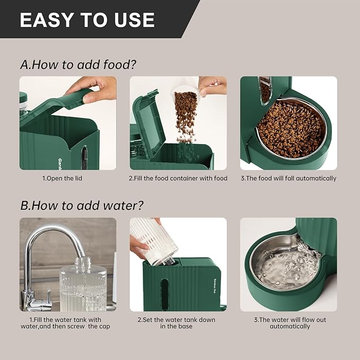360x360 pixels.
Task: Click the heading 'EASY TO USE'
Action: pyautogui.click(x=87, y=20)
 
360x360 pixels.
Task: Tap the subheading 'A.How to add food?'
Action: pyautogui.click(x=78, y=65)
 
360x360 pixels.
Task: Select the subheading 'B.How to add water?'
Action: pyautogui.click(x=82, y=205)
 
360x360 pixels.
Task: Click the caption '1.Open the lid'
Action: pyautogui.click(x=63, y=179)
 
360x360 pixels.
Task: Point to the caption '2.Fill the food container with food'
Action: pyautogui.click(x=178, y=179)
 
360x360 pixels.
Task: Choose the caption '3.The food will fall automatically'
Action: pyautogui.click(x=288, y=179)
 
